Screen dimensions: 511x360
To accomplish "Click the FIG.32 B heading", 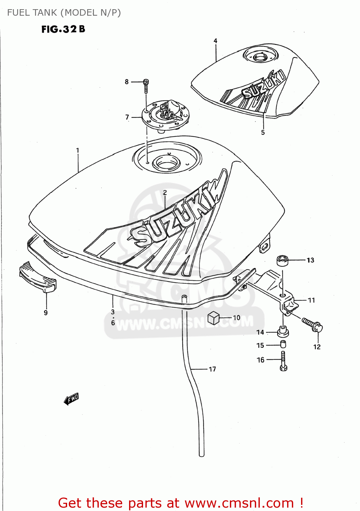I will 63,29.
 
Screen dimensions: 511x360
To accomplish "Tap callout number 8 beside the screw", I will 127,82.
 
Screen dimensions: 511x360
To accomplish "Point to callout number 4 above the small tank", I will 215,41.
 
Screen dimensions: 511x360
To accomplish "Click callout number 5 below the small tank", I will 263,133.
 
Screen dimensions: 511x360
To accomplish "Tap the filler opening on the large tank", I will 167,163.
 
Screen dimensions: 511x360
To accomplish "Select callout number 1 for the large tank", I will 78,150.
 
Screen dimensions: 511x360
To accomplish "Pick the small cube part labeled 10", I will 213,318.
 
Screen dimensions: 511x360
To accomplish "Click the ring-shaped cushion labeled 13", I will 282,261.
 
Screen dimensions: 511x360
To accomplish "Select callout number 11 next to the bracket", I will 311,300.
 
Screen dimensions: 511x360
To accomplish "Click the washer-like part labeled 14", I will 283,331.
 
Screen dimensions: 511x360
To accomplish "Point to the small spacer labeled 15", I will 283,344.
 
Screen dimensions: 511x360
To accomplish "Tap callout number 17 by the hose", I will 212,369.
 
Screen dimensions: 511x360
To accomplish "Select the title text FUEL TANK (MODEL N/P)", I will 64,13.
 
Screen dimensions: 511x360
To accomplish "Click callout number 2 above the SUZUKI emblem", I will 165,193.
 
